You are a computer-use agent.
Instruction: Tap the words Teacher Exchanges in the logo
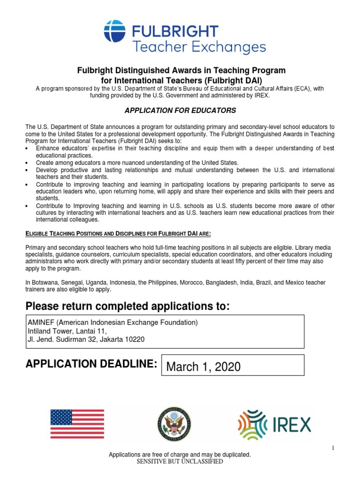pos(199,47)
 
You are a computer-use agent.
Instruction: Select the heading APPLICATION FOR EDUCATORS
pos(180,111)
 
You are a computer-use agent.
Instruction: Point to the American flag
pos(77,424)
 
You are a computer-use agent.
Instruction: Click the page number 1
pos(333,449)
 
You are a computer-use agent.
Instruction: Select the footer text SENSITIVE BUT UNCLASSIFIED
pos(180,462)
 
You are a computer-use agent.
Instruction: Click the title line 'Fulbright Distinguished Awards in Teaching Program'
pos(181,70)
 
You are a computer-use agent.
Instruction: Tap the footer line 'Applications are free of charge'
pos(180,455)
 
